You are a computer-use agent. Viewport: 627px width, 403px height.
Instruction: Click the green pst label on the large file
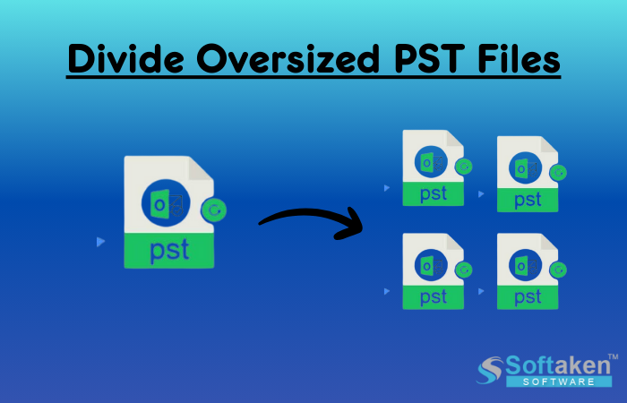click(169, 250)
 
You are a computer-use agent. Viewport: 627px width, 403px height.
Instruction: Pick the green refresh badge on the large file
click(214, 210)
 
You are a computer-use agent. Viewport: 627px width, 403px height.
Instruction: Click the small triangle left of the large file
click(100, 242)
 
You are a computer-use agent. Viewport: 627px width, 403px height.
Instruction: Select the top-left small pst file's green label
click(434, 193)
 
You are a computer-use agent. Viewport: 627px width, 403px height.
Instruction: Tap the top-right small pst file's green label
click(528, 200)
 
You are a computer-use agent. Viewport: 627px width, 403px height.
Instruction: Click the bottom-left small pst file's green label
click(434, 296)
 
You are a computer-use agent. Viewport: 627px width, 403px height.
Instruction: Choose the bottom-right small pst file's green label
click(528, 297)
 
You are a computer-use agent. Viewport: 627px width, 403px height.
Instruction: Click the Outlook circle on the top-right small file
click(524, 168)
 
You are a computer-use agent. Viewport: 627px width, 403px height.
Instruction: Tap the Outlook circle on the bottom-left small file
click(429, 264)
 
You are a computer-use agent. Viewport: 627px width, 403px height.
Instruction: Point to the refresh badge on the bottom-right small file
click(558, 270)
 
